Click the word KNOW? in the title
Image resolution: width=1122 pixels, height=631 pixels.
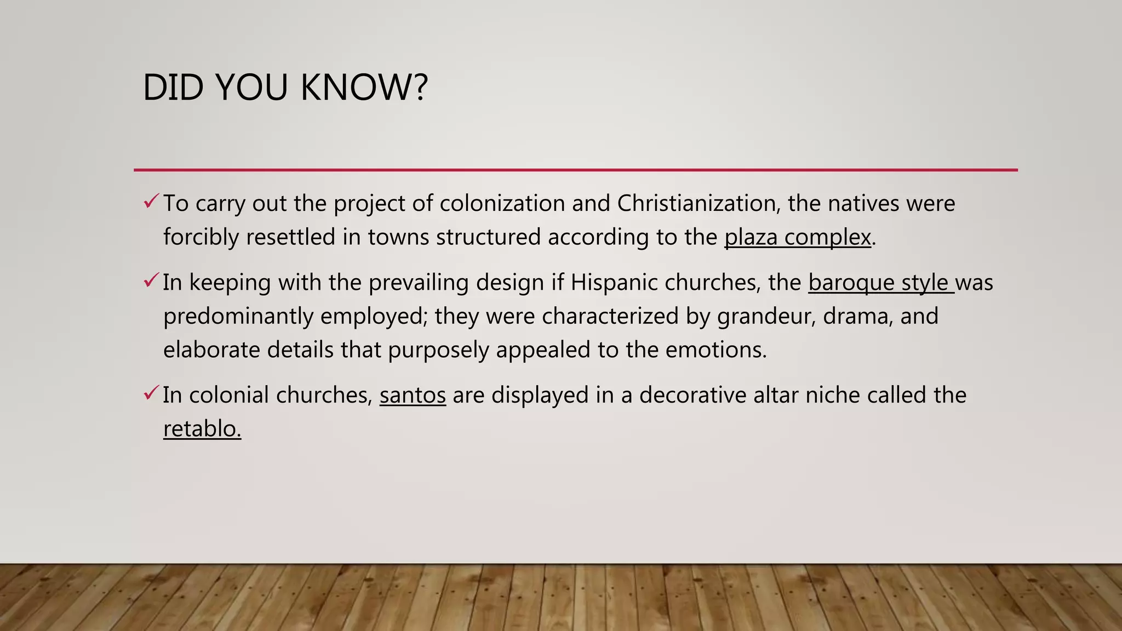click(364, 88)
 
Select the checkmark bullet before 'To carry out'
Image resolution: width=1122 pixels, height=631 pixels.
click(151, 202)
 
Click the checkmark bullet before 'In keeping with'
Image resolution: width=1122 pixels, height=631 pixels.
click(151, 281)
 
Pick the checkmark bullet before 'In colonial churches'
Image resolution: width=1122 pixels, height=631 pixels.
click(151, 393)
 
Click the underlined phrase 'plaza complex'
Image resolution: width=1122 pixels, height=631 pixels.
click(798, 237)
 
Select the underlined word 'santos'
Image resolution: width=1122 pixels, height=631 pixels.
click(413, 395)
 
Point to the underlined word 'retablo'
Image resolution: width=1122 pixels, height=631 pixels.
click(202, 429)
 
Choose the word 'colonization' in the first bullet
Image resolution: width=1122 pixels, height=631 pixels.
click(502, 203)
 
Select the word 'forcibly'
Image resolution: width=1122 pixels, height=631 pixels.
click(201, 237)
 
